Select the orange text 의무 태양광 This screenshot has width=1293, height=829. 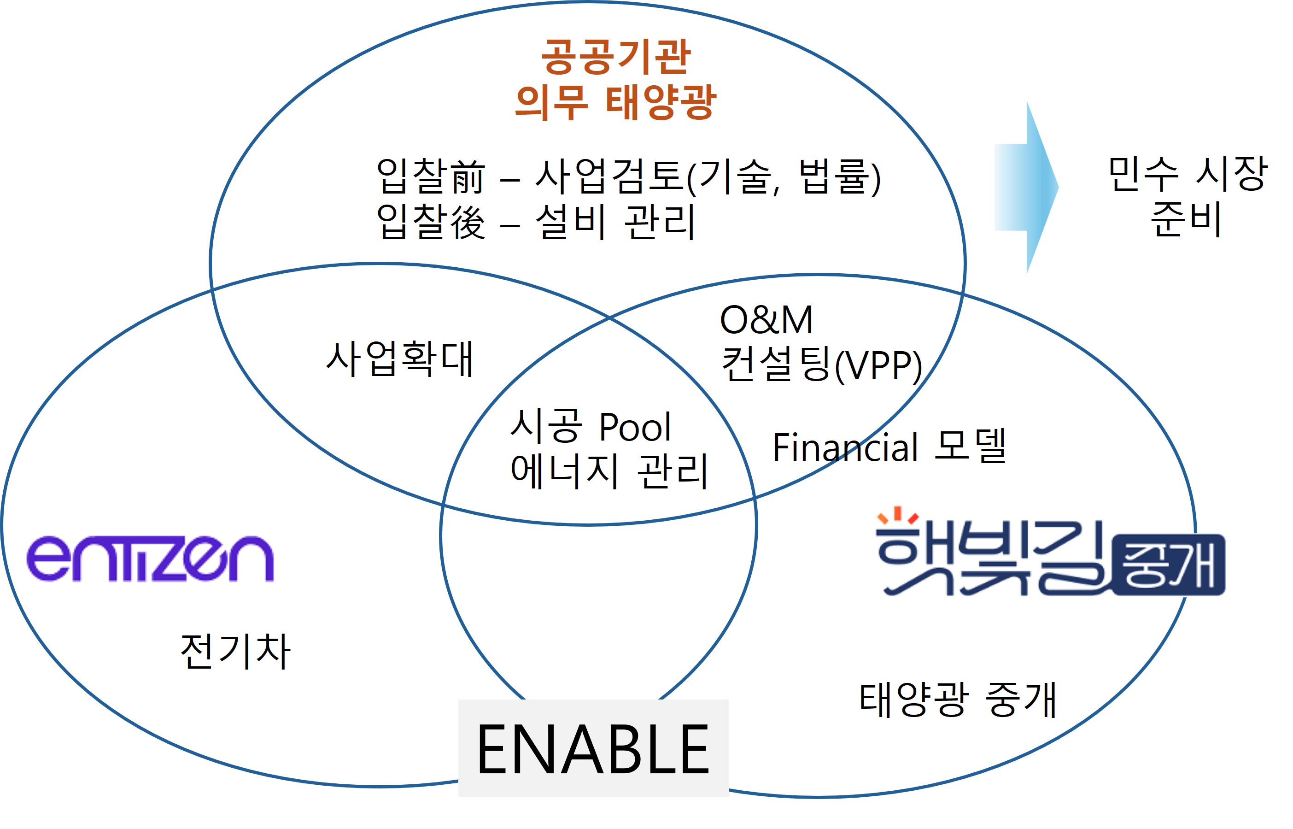[x=615, y=102]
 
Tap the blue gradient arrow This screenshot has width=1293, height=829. [x=1026, y=188]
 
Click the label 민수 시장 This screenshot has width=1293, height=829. [x=1188, y=174]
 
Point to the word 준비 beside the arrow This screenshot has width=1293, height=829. [x=1186, y=219]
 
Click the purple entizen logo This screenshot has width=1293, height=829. [x=150, y=559]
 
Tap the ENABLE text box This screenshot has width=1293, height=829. [x=593, y=748]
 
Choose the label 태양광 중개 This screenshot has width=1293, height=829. [x=958, y=700]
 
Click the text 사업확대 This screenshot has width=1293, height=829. [x=400, y=359]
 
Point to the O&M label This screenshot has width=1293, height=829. [x=766, y=320]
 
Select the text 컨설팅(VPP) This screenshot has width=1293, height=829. [x=822, y=365]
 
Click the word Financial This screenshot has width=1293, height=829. [x=845, y=447]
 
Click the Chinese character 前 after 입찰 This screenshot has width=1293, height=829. [x=468, y=176]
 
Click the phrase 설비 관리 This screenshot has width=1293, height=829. [x=615, y=221]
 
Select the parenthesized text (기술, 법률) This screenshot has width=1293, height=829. [x=784, y=177]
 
